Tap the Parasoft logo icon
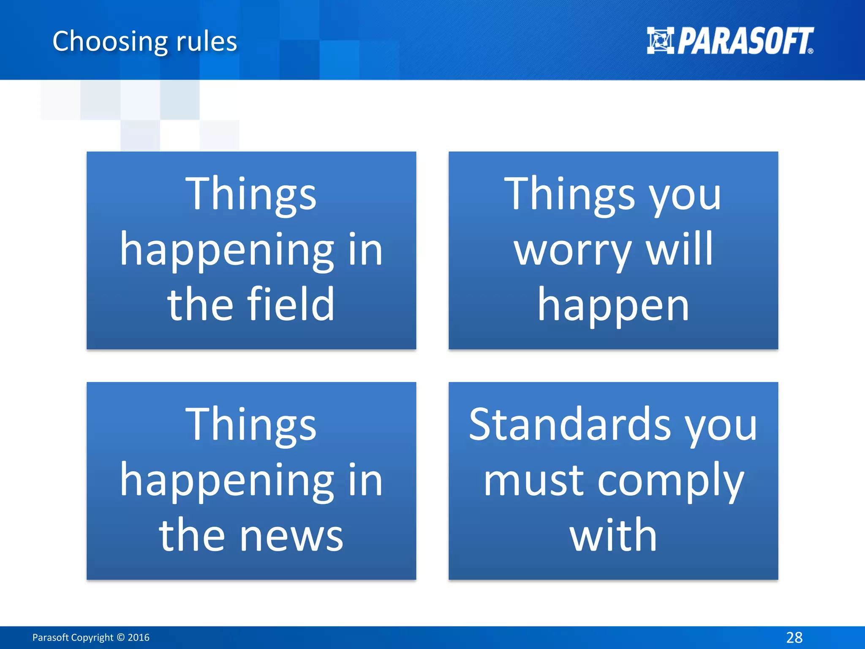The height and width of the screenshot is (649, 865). [660, 41]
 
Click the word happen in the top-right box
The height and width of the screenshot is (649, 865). [613, 305]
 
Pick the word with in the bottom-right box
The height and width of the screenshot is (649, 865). [613, 535]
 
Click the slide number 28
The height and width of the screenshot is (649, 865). [794, 637]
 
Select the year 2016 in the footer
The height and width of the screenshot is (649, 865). [139, 637]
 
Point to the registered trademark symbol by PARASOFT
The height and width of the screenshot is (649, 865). [810, 51]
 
